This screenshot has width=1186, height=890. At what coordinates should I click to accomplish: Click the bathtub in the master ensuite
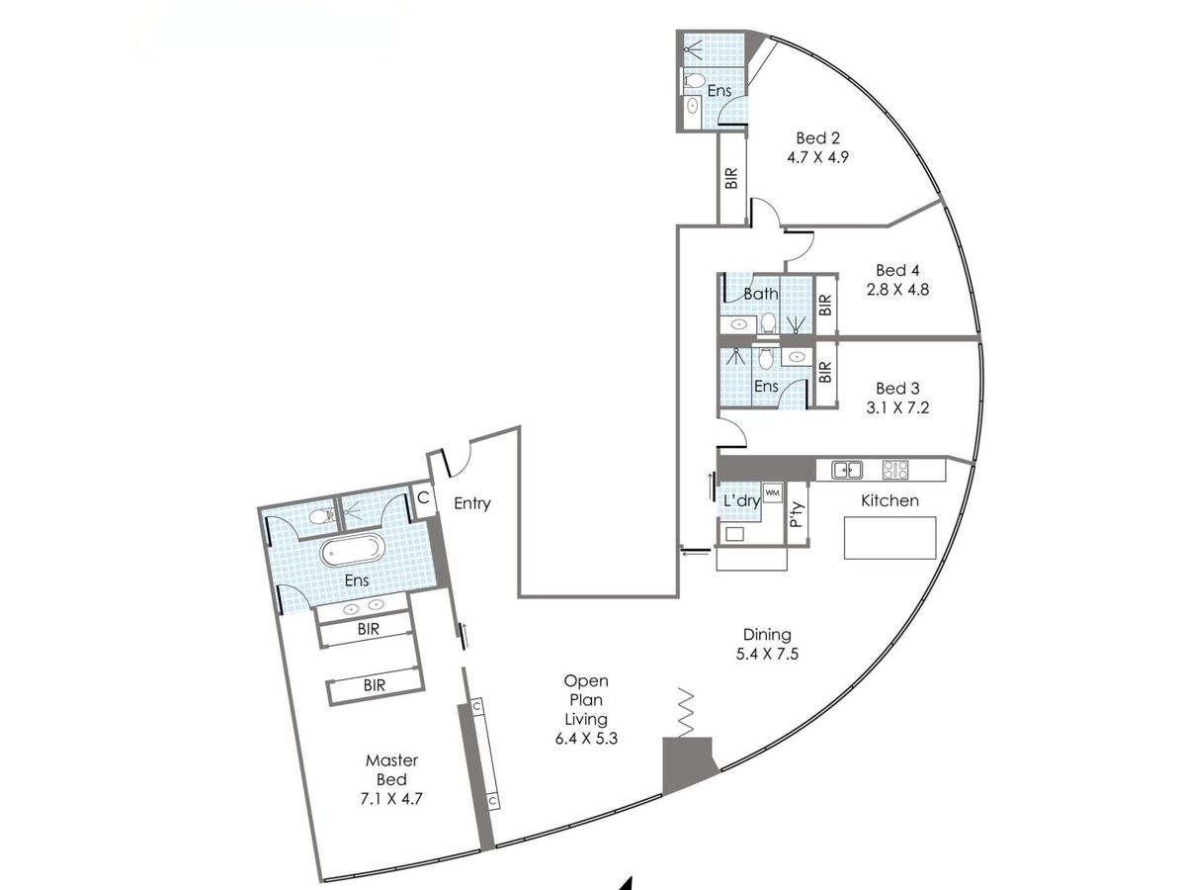tap(352, 550)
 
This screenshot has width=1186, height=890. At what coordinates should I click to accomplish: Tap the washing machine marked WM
tap(772, 492)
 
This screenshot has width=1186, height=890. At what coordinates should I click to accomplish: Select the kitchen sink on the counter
tap(847, 470)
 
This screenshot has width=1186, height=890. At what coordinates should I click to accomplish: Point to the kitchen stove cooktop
tap(895, 470)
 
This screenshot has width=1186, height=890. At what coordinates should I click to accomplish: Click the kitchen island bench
tap(889, 538)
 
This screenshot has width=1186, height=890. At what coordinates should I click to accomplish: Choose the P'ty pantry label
tap(796, 514)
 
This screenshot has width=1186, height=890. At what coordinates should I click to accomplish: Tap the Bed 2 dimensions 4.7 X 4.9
tap(817, 157)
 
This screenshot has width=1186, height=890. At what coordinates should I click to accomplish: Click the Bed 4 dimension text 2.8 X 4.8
tap(897, 290)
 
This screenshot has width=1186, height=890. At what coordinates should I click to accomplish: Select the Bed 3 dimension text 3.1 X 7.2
tap(897, 407)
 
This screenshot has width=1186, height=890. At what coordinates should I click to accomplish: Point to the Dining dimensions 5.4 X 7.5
tap(767, 654)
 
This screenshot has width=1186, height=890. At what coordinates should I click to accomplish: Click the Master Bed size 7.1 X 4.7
tap(391, 799)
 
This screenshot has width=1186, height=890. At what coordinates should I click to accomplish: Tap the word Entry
tap(472, 503)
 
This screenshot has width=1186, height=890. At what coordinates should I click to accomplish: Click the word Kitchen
tap(889, 501)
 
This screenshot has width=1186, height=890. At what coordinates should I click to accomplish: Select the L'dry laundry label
tap(742, 501)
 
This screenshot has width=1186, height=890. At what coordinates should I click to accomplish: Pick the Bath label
tap(761, 294)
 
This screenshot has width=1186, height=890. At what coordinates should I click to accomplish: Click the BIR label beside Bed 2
tap(731, 178)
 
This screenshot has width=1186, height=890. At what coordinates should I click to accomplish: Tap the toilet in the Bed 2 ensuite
tap(695, 81)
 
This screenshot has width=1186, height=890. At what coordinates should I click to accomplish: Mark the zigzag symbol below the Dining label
tap(686, 713)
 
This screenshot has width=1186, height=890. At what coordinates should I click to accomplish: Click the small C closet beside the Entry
tap(423, 497)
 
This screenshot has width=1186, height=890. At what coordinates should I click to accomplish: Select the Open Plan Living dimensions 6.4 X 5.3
tap(586, 738)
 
